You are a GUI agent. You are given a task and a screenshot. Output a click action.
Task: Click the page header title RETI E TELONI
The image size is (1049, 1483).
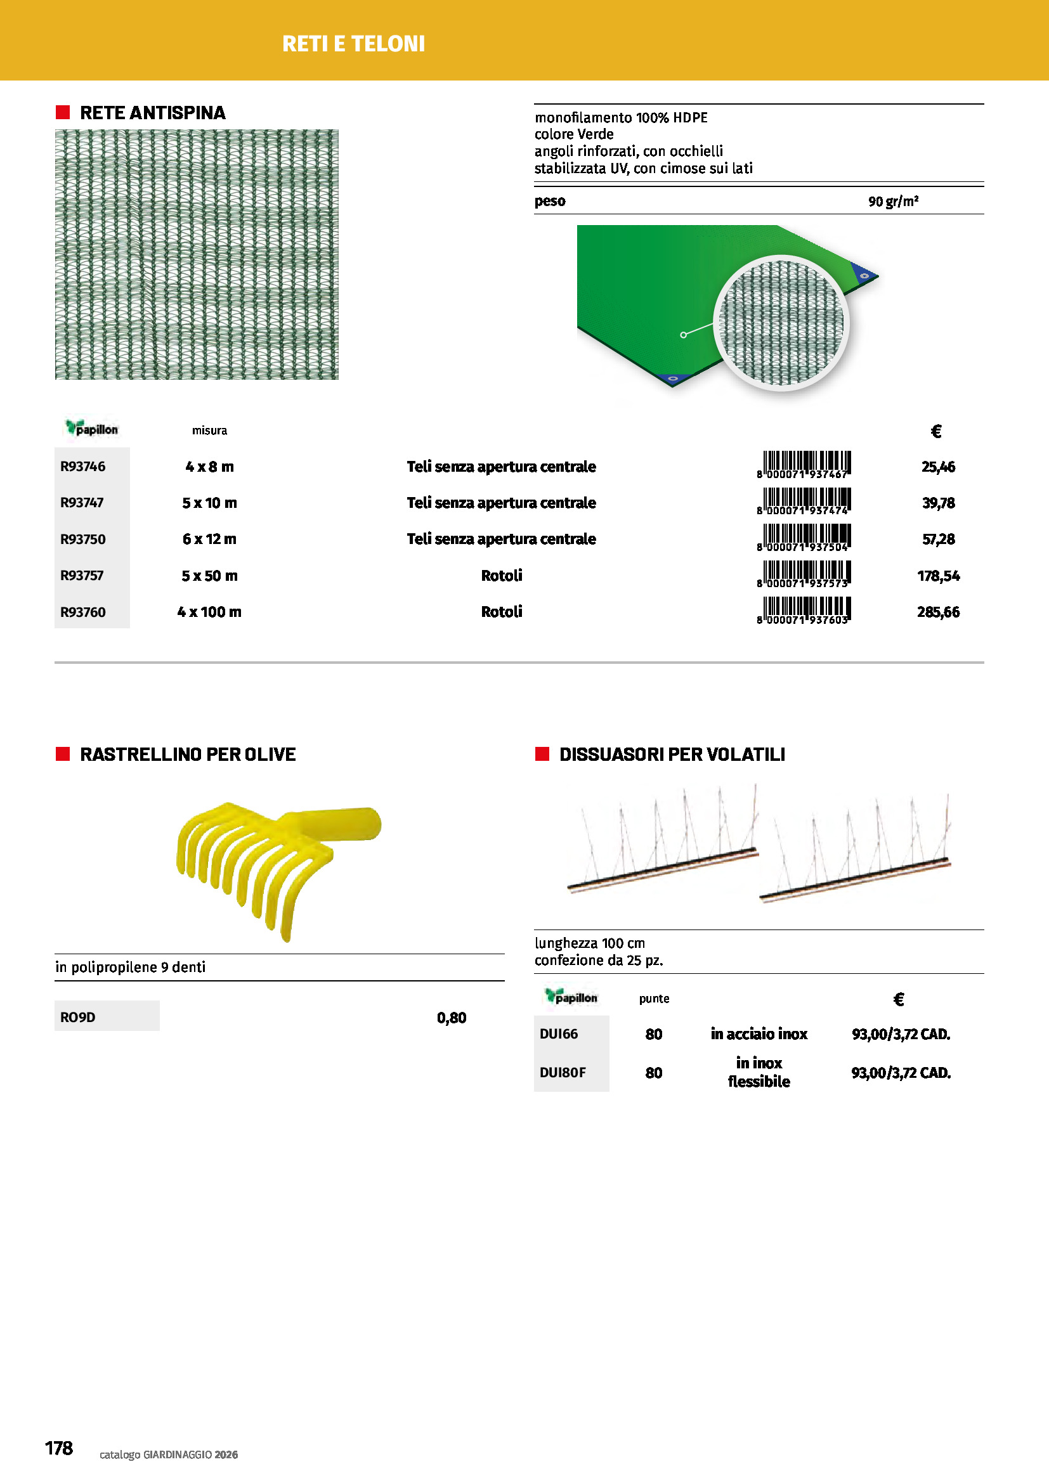[353, 44]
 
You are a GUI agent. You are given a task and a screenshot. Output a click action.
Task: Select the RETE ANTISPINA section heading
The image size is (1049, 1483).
[152, 113]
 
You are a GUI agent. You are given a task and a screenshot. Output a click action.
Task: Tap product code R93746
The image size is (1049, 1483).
[82, 467]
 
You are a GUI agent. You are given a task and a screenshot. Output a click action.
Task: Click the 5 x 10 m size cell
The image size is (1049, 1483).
[209, 503]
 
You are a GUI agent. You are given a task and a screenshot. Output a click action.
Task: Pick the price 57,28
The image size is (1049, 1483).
[938, 539]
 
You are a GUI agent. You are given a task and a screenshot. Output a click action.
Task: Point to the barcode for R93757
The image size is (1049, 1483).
[804, 574]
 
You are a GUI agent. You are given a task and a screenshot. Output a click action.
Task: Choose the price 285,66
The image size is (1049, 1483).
[938, 612]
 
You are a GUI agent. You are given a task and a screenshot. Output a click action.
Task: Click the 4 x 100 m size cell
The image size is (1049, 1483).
[209, 612]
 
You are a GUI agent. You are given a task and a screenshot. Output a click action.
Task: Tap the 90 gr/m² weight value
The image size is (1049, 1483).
[893, 202]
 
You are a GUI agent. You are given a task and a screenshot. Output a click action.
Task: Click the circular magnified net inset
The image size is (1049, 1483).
[781, 323]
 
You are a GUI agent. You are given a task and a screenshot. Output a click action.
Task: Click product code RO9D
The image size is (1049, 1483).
[77, 1017]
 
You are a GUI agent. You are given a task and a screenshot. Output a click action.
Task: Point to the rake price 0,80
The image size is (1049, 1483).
[452, 1018]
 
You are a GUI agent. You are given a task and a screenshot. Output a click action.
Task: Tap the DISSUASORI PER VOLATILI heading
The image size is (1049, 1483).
[672, 754]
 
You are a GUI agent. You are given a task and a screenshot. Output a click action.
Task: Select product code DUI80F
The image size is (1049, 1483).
[563, 1072]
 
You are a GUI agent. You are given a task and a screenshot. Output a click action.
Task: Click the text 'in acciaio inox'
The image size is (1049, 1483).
[759, 1034]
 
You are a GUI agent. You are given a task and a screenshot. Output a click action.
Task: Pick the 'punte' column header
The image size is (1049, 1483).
[654, 999]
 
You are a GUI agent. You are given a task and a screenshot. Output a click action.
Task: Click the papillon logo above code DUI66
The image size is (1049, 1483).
[571, 997]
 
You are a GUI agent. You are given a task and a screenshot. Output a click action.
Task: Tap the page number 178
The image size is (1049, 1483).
[59, 1448]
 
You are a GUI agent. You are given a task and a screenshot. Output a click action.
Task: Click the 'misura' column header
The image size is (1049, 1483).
[209, 431]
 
